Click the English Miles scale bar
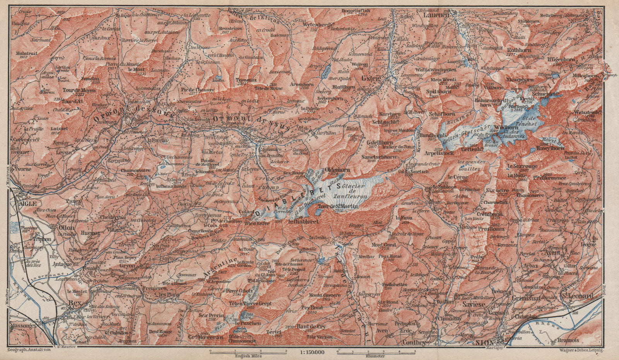click(x=248, y=352)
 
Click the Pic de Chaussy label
click(x=192, y=90)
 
